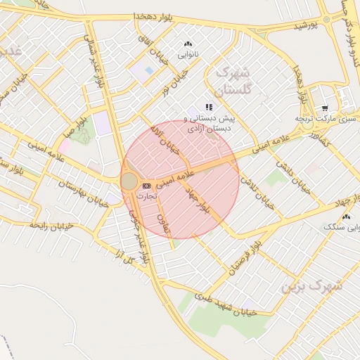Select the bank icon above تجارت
click(146, 186)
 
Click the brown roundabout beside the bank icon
click(129, 181)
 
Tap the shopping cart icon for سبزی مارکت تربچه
click(324, 108)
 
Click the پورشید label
click(305, 25)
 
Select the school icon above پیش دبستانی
click(208, 107)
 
